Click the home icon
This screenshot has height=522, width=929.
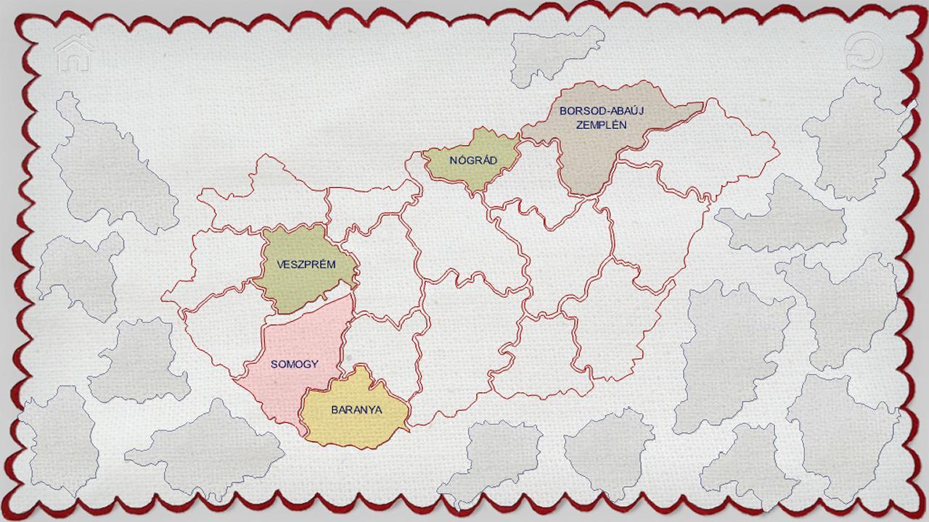pyautogui.click(x=74, y=54)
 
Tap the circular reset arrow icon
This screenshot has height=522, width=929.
pyautogui.click(x=864, y=51)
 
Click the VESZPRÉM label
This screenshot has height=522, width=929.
pyautogui.click(x=306, y=265)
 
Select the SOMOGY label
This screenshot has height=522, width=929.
pyautogui.click(x=295, y=364)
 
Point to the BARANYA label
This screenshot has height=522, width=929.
pyautogui.click(x=356, y=410)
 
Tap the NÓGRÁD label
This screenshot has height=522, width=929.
pyautogui.click(x=473, y=160)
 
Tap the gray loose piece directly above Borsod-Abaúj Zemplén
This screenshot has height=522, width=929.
pyautogui.click(x=555, y=52)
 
